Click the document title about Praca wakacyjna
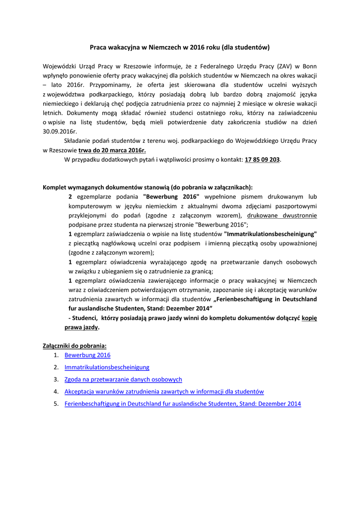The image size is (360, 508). (179, 48)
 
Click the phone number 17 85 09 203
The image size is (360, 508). (262, 160)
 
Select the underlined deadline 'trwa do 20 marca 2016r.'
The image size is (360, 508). (112, 150)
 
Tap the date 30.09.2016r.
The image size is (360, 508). (60, 131)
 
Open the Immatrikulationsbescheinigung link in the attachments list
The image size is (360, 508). (107, 367)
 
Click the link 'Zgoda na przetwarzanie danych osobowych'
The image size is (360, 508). (123, 380)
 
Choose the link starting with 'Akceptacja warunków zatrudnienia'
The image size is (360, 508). (164, 391)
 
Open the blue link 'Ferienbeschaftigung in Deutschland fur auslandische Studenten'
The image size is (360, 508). (183, 404)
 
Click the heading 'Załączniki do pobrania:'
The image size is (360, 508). (74, 346)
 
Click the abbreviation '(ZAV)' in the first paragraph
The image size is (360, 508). (285, 66)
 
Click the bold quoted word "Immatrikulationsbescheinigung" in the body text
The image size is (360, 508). (271, 234)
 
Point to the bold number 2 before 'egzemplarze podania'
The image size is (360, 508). (70, 197)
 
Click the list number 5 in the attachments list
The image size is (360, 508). (56, 404)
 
